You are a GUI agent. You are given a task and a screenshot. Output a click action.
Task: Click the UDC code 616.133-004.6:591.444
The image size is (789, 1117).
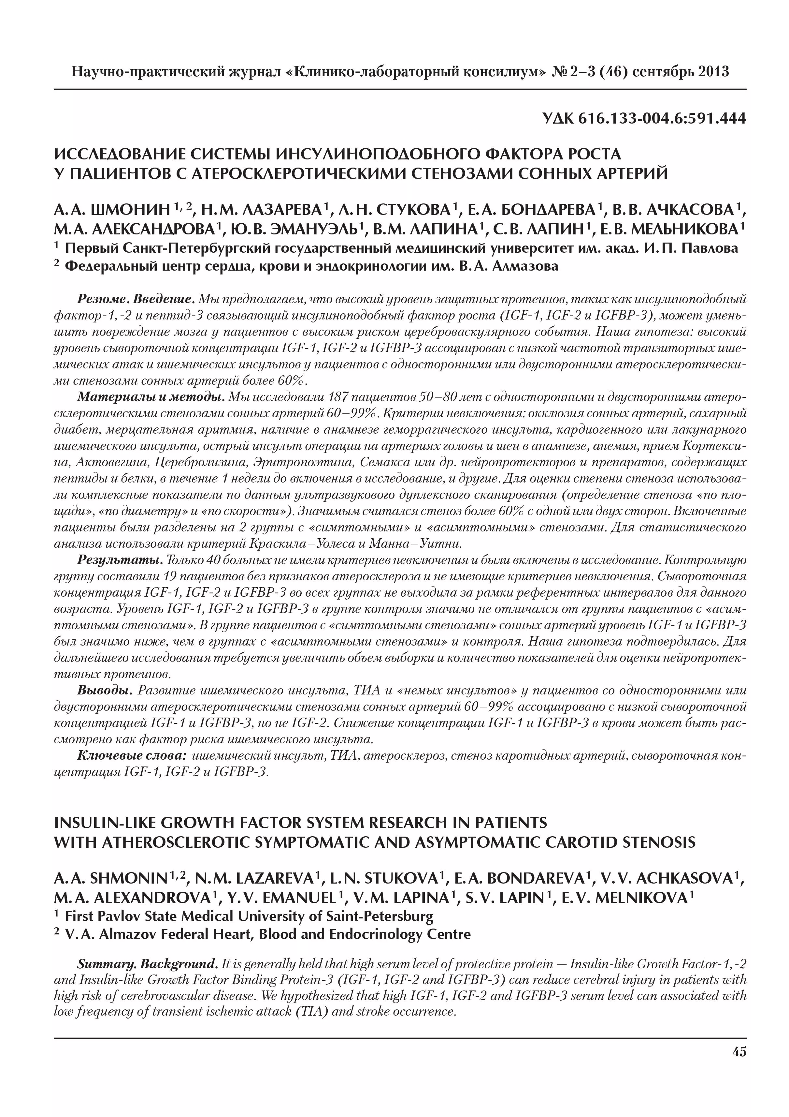pyautogui.click(x=662, y=118)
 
